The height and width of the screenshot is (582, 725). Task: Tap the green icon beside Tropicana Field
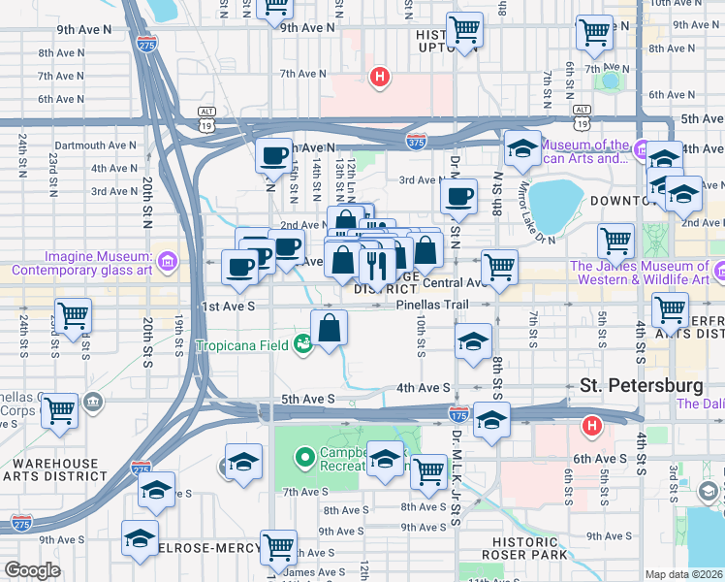point(303,344)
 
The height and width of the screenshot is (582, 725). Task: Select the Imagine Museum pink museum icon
point(167,260)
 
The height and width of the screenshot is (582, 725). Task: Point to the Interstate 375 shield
point(417,142)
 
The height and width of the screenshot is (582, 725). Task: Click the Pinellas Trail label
point(433,305)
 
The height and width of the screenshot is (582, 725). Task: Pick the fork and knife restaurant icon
point(375,263)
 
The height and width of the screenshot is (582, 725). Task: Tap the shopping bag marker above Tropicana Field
point(330,328)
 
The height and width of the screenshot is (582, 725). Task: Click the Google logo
point(32,570)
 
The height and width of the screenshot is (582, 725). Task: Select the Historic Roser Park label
point(525,548)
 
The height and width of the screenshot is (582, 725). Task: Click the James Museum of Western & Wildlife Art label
point(639,273)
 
